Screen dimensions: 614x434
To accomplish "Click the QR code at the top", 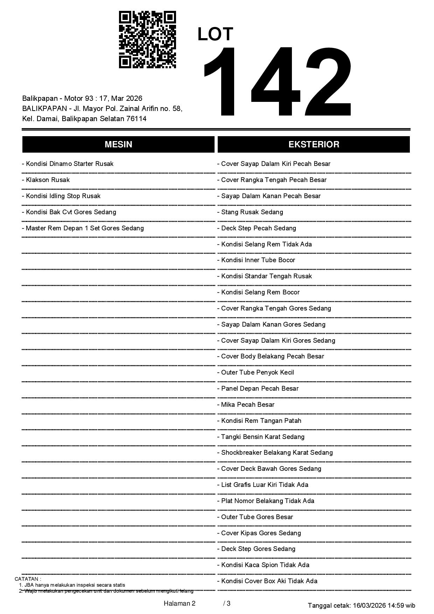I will point(147,40).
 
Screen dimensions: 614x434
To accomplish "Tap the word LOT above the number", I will point(215,34).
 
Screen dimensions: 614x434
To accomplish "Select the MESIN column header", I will point(118,145).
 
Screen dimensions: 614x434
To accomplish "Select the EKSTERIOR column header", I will point(314,145).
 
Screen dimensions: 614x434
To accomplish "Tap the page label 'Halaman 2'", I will point(180,603).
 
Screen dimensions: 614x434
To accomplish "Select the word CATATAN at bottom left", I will point(27,579).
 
